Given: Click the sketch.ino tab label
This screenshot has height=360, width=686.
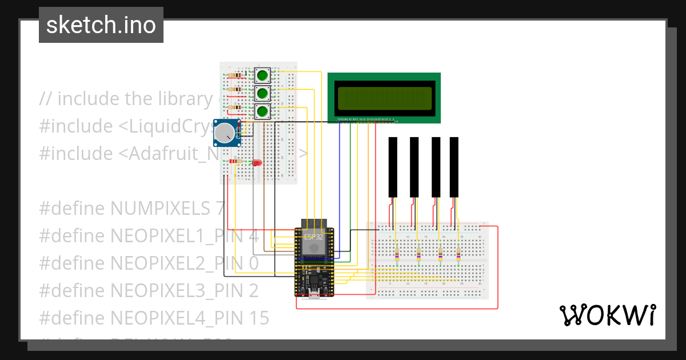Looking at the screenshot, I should [101, 25].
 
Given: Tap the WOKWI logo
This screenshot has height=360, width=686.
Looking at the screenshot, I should [607, 315].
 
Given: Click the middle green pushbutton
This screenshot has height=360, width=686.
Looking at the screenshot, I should [262, 93].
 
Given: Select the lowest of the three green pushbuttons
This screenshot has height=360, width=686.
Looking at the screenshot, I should [262, 111].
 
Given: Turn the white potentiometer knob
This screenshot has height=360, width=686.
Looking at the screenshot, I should [224, 134].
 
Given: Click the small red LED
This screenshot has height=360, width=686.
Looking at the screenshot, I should [257, 163].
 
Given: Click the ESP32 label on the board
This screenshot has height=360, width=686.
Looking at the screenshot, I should [313, 237].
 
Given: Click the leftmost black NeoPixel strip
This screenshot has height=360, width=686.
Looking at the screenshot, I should [393, 166].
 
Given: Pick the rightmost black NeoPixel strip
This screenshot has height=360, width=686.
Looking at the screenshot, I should [454, 166].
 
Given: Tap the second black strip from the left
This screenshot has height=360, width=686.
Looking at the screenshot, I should [414, 166].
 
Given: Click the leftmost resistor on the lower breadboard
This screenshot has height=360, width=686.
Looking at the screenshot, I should [397, 254].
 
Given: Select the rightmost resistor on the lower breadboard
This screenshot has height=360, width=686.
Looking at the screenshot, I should [459, 254].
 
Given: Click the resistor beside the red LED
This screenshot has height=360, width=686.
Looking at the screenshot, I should [235, 162].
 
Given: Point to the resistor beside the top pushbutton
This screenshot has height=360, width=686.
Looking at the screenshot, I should [234, 75].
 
